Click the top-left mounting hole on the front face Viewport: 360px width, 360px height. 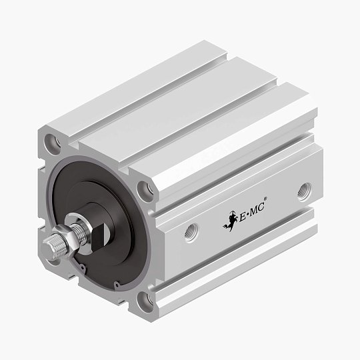(51, 142)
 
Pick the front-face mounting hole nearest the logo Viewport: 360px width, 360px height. (148, 191)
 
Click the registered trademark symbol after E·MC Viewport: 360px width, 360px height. (267, 199)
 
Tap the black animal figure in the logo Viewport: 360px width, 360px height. (230, 220)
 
